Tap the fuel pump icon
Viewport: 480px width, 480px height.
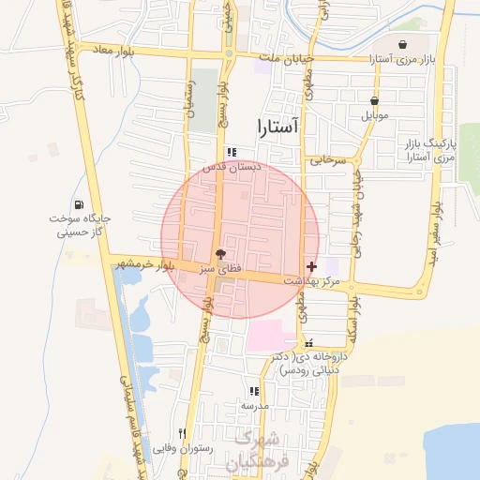pos(77,205)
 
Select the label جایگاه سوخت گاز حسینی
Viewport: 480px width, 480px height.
pos(81,225)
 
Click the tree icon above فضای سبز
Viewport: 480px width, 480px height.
pos(220,254)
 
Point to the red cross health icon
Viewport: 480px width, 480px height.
pos(311,267)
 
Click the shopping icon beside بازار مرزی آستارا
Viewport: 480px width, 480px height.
pos(402,44)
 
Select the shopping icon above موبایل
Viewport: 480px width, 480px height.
pos(375,101)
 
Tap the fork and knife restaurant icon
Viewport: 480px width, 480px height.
pos(182,433)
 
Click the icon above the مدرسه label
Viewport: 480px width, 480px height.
pos(252,391)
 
